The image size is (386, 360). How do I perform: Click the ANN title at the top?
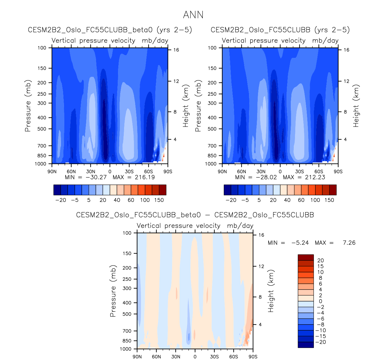click(x=193, y=15)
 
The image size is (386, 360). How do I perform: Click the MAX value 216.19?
click(x=144, y=177)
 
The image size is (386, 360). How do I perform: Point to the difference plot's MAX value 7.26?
click(x=349, y=243)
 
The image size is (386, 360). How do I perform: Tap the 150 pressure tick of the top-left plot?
click(x=42, y=68)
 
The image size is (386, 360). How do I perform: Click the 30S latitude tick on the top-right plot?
click(x=299, y=172)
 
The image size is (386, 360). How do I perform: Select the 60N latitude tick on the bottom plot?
click(x=157, y=357)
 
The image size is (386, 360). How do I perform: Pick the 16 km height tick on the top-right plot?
click(x=346, y=50)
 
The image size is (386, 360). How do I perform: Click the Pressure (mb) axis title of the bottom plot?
click(x=113, y=291)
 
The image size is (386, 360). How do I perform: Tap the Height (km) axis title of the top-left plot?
click(x=186, y=106)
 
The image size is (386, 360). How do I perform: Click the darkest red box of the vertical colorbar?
click(x=305, y=257)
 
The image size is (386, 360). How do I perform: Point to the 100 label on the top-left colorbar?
click(x=145, y=200)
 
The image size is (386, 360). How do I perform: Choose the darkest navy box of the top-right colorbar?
click(x=227, y=190)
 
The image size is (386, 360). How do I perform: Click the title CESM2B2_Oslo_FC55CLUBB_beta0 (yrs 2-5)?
click(x=110, y=30)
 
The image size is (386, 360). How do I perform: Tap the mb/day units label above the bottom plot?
click(x=240, y=226)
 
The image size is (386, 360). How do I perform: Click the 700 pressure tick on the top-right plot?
click(x=212, y=146)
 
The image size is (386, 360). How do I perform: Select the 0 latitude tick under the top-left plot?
click(x=110, y=172)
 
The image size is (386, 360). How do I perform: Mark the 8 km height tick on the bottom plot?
click(x=260, y=297)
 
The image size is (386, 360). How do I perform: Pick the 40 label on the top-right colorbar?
click(x=287, y=200)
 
